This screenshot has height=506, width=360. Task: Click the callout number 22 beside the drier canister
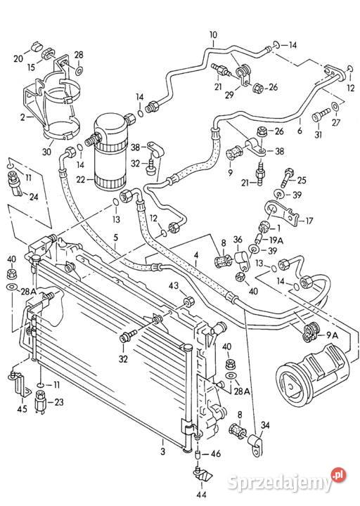80,179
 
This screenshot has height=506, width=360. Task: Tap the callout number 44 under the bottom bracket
201,494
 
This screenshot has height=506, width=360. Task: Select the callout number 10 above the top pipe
214,35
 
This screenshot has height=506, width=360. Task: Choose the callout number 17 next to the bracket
309,221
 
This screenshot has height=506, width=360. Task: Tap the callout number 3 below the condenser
162,450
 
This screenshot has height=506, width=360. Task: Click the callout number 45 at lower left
22,409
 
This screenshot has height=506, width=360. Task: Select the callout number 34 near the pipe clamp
265,425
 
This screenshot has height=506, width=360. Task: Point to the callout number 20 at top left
18,58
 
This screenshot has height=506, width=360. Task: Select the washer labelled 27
336,105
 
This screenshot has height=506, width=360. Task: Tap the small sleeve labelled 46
198,455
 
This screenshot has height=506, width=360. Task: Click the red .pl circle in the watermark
338,475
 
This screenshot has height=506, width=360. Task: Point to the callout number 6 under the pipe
300,131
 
